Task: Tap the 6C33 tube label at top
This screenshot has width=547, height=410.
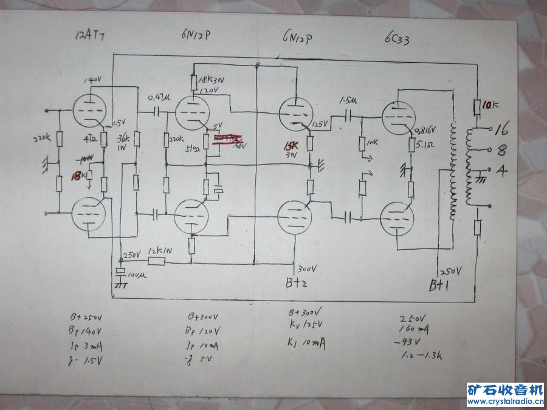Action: [x=397, y=35]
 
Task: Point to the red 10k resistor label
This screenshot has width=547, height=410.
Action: [x=490, y=105]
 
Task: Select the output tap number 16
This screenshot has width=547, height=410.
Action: [x=501, y=129]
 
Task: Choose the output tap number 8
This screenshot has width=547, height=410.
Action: [x=502, y=149]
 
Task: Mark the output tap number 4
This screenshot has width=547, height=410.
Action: [x=502, y=171]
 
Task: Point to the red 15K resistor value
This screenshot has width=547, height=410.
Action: [x=292, y=147]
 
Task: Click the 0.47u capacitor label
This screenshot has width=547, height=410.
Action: [x=157, y=97]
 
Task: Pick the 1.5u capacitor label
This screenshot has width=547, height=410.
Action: [x=344, y=100]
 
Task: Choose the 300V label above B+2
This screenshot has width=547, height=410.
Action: [x=308, y=268]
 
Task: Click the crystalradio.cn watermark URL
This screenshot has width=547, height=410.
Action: [x=504, y=401]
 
